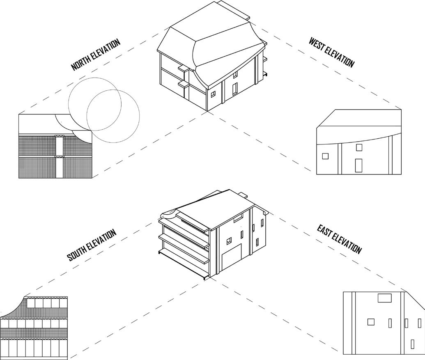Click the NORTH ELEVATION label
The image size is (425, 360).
[95, 55]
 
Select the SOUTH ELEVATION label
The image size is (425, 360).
[92, 245]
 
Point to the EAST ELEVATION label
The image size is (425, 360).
[339, 239]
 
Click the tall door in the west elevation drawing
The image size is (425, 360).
[358, 165]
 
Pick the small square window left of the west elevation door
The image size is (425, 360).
[325, 156]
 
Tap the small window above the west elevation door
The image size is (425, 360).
[359, 147]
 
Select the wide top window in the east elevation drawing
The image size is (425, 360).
[384, 298]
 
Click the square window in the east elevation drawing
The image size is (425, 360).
[371, 322]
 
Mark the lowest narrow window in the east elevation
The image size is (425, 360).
[412, 344]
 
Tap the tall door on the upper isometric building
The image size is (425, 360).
[234, 89]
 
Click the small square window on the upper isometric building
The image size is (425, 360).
[213, 94]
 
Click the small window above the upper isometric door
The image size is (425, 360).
[235, 75]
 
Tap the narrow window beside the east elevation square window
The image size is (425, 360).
[390, 323]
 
